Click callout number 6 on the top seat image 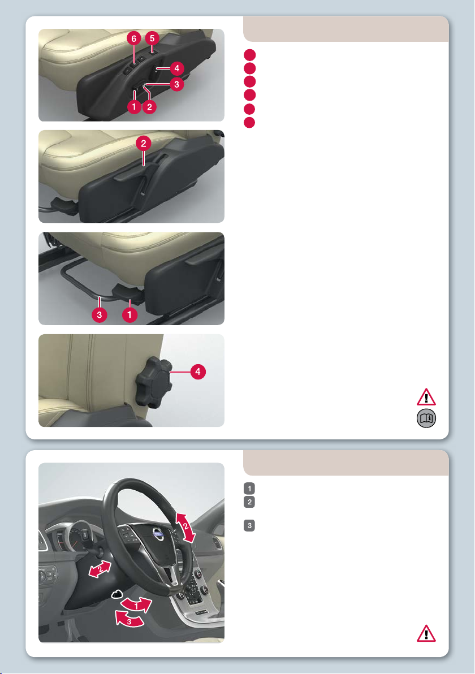point(133,38)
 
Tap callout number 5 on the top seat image point(152,38)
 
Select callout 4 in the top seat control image point(176,68)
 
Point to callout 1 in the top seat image point(134,107)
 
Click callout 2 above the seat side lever point(144,144)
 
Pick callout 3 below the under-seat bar point(100,315)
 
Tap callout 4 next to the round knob point(198,372)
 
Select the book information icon point(426,418)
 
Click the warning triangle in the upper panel point(426,397)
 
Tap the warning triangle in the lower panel point(426,634)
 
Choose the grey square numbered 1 point(249,489)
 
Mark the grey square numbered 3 point(249,525)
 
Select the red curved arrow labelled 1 point(137,605)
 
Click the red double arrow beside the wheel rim point(185,528)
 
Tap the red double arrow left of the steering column point(100,569)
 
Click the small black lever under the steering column point(117,594)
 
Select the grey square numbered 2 point(249,502)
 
